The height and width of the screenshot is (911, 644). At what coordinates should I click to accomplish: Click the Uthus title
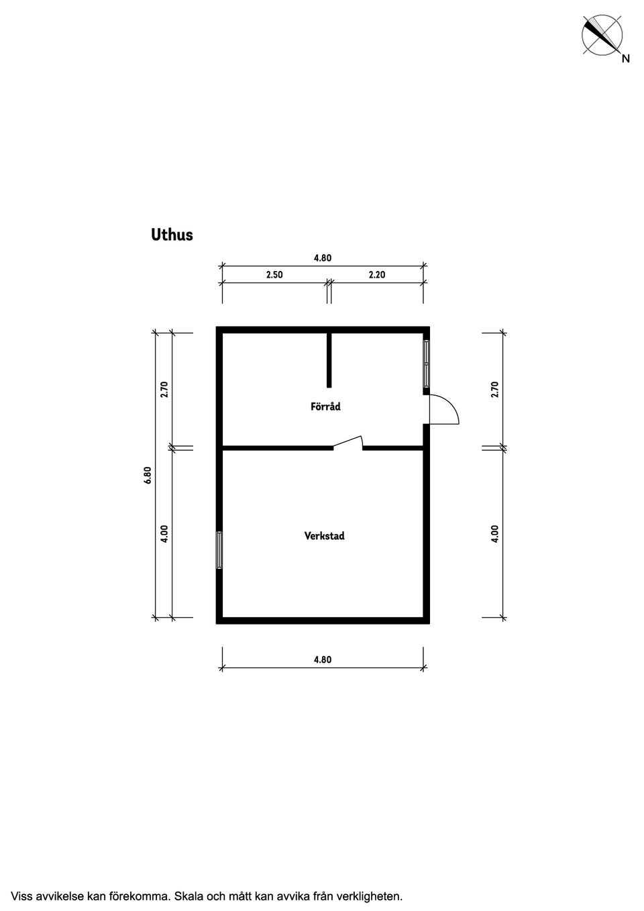(172, 235)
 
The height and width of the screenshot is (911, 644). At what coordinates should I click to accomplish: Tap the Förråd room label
(325, 407)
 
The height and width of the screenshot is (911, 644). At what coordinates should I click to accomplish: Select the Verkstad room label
(325, 535)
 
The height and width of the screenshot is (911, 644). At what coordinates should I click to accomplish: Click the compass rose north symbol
(602, 35)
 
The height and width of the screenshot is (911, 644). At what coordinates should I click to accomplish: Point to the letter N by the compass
(626, 58)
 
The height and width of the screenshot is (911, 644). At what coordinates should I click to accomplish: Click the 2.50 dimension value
(274, 274)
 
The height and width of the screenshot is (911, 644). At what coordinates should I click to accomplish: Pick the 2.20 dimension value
(377, 274)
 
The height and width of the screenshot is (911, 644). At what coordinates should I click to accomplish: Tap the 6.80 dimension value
(148, 474)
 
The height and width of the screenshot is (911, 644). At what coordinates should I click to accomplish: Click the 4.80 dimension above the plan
(323, 258)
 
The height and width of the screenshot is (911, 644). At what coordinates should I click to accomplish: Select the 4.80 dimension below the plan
(323, 659)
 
